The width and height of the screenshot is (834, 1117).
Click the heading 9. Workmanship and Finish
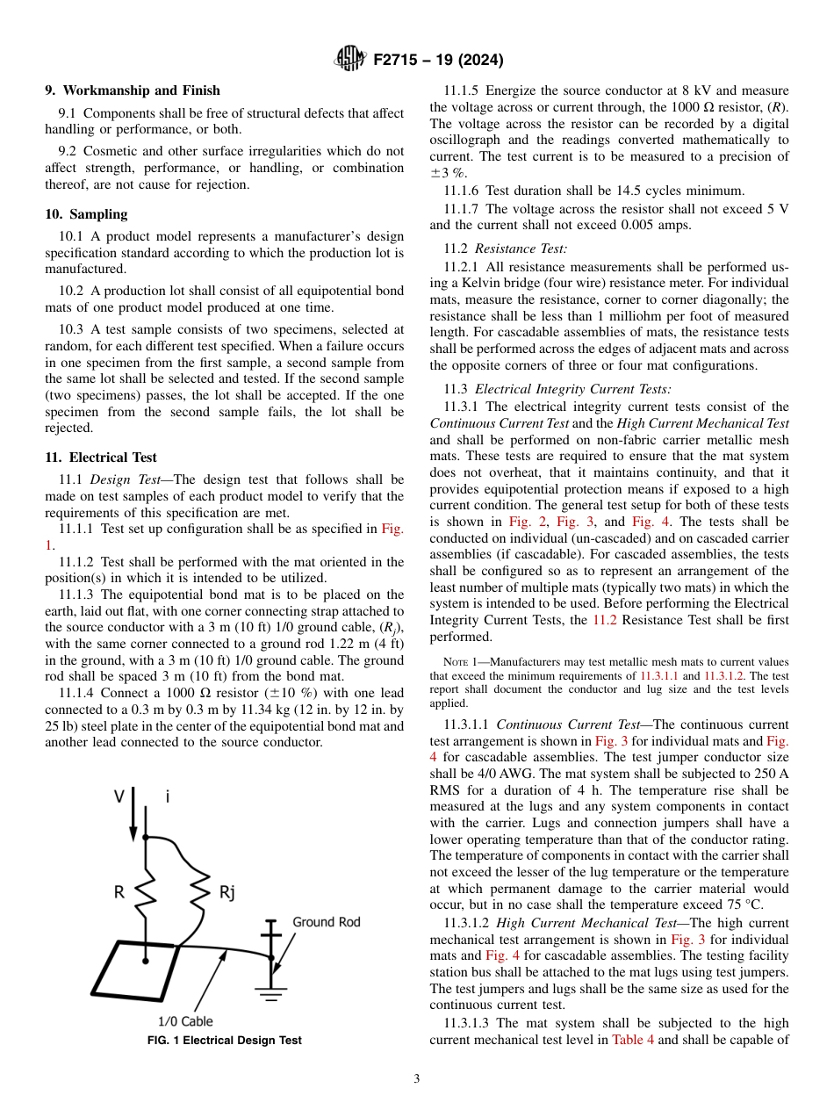click(133, 90)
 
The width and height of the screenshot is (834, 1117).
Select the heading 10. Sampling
click(86, 214)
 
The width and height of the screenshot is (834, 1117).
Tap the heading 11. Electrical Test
click(101, 458)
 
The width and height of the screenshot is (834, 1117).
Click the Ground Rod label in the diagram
click(326, 922)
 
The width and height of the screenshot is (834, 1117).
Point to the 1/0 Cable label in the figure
click(184, 1021)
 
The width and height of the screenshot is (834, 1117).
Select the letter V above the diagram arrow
click(119, 796)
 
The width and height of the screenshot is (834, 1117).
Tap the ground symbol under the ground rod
click(272, 991)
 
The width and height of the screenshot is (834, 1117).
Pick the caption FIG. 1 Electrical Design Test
click(224, 1041)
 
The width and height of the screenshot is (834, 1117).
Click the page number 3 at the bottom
click(417, 1079)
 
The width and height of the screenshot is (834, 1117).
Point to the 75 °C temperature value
click(745, 905)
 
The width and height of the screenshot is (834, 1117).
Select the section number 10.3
click(69, 329)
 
